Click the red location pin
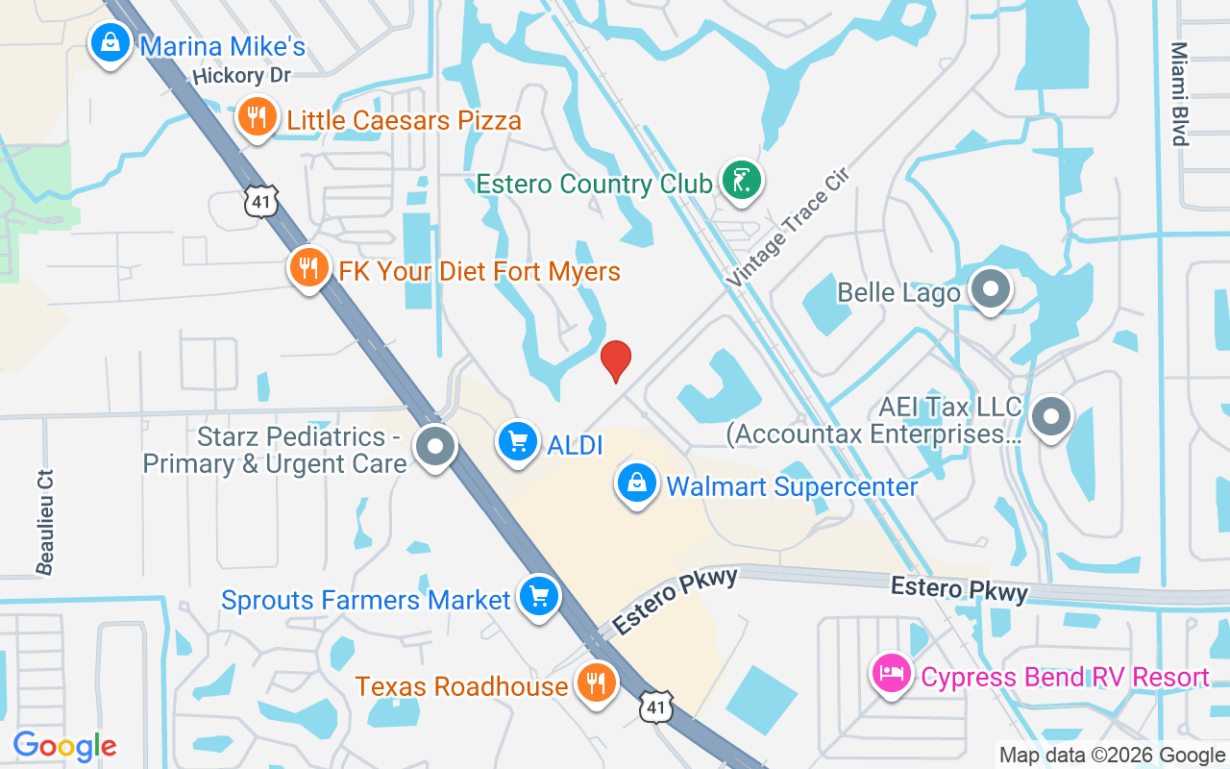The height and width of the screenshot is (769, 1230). click(615, 360)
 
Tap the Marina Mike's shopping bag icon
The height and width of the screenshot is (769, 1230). click(111, 43)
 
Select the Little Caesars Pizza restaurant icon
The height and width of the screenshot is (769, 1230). click(256, 118)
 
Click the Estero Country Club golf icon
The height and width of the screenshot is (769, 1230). click(741, 180)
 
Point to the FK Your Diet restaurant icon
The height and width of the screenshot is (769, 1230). click(308, 268)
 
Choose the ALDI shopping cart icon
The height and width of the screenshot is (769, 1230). click(518, 442)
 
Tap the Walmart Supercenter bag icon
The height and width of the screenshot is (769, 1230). click(637, 484)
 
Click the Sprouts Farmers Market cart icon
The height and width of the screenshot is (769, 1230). click(538, 597)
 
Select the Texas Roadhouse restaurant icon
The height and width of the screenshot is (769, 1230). click(596, 683)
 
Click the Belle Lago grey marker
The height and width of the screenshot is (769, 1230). click(990, 288)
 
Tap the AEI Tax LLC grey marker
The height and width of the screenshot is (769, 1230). click(1051, 418)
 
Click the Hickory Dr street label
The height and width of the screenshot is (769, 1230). click(241, 75)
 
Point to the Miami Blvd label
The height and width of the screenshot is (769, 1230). click(1179, 94)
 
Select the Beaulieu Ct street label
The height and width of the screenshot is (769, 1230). click(45, 522)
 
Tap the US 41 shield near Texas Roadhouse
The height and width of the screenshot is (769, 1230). click(657, 707)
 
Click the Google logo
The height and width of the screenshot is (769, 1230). click(64, 746)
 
